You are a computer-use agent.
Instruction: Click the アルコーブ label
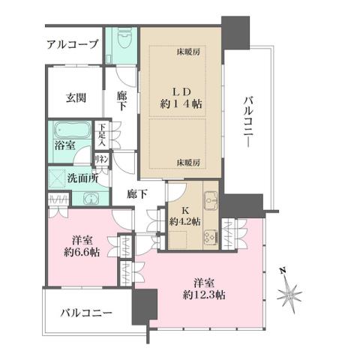pos(73,45)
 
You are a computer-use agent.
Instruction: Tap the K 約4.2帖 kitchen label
pos(184,215)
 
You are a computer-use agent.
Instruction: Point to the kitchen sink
pos(209,200)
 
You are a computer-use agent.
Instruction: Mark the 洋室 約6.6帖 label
pos(77,247)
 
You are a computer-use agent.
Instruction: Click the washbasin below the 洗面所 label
pos(91,199)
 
